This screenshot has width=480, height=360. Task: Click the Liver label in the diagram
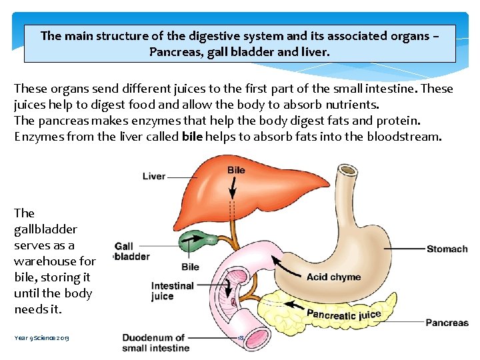[154, 176]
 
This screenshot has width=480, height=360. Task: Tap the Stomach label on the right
[447, 249]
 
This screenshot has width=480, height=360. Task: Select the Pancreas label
[447, 323]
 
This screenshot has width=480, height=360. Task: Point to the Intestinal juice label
[172, 291]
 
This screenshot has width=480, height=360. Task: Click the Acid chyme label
[333, 277]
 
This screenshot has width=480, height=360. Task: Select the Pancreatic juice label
[343, 313]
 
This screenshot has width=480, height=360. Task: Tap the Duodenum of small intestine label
[155, 343]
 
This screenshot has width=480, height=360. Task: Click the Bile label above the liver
[236, 170]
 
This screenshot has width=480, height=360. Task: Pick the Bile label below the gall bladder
[190, 267]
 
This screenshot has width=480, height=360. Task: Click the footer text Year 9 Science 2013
[41, 338]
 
